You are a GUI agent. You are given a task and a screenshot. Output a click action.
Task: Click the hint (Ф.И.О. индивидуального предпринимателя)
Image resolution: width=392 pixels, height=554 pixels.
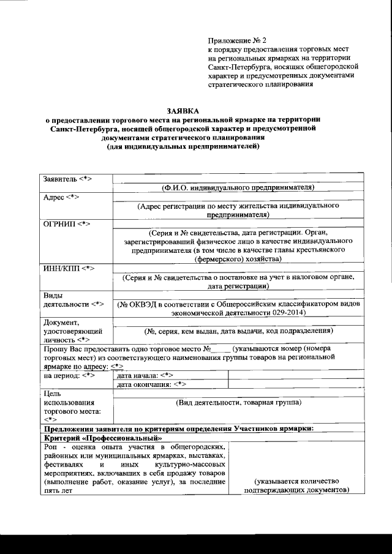(x=239, y=187)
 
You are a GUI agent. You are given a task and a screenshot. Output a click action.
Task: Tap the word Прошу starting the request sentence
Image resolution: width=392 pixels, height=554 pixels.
(x=54, y=348)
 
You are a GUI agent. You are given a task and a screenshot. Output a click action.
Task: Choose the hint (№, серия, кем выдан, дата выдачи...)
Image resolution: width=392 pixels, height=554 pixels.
(x=238, y=331)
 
